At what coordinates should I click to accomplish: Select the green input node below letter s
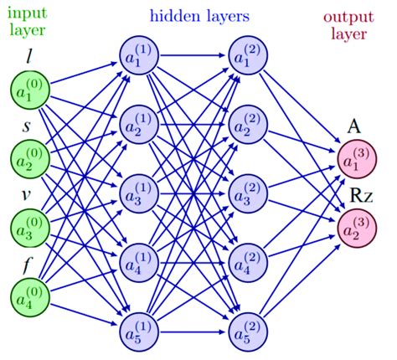pos(31,158)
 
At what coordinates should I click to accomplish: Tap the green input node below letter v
pos(31,226)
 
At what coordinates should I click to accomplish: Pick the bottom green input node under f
pos(31,294)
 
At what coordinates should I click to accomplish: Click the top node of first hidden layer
pos(139,56)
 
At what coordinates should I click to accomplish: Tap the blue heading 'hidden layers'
pos(199,13)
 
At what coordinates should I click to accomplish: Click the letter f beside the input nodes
pos(29,263)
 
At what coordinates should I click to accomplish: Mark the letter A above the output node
pos(355,128)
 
